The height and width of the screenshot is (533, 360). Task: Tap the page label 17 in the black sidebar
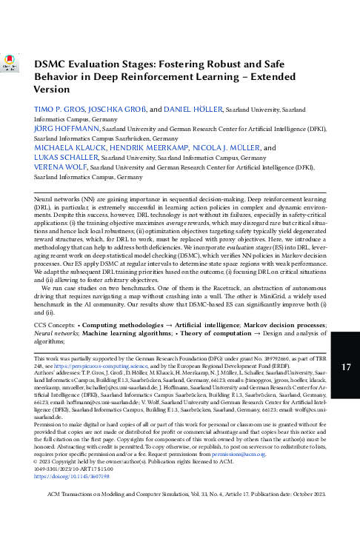point(344,366)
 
